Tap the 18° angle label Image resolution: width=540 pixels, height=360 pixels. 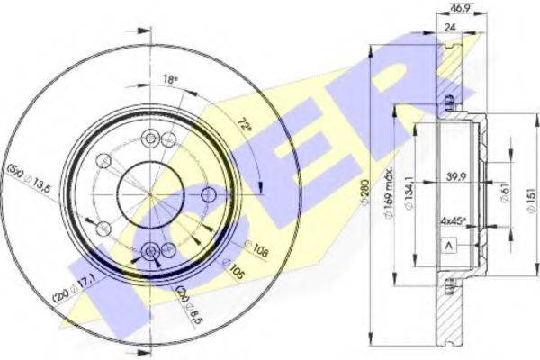169,80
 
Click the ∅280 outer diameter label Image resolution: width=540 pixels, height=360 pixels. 375,190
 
